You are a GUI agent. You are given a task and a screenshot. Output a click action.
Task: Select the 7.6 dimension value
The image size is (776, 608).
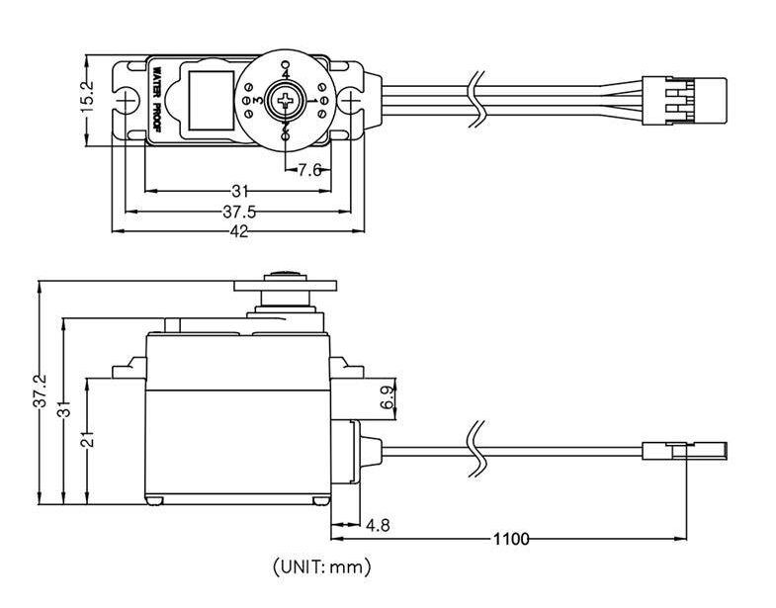309,170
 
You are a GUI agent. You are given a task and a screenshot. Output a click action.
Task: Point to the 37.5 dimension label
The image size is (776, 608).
239,212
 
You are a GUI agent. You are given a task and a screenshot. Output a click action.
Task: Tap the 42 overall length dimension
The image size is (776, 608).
239,231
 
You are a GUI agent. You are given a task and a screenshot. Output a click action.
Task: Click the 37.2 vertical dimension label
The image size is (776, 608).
40,391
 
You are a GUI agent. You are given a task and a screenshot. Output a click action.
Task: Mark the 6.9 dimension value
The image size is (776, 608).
388,397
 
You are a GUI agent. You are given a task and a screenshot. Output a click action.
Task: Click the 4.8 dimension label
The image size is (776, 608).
378,525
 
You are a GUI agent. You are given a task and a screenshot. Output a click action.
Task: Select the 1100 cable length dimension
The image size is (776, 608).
511,539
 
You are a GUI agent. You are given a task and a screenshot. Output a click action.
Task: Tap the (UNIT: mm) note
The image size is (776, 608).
321,566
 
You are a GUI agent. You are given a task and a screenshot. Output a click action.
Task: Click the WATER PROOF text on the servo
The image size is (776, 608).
156,100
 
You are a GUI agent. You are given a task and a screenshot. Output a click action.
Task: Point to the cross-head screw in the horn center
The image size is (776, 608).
286,101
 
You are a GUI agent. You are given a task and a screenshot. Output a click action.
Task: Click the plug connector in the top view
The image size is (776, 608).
684,101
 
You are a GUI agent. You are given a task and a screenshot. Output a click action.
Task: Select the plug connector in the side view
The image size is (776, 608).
684,452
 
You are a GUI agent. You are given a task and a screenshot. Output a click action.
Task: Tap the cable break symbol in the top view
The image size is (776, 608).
476,100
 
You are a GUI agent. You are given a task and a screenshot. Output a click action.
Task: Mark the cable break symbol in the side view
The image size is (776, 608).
477,450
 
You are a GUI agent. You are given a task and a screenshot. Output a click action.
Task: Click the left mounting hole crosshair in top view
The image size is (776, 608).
126,101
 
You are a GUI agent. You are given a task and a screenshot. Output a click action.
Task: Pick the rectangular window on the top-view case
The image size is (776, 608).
212,101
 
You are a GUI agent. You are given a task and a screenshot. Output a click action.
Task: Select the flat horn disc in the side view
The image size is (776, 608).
286,286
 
